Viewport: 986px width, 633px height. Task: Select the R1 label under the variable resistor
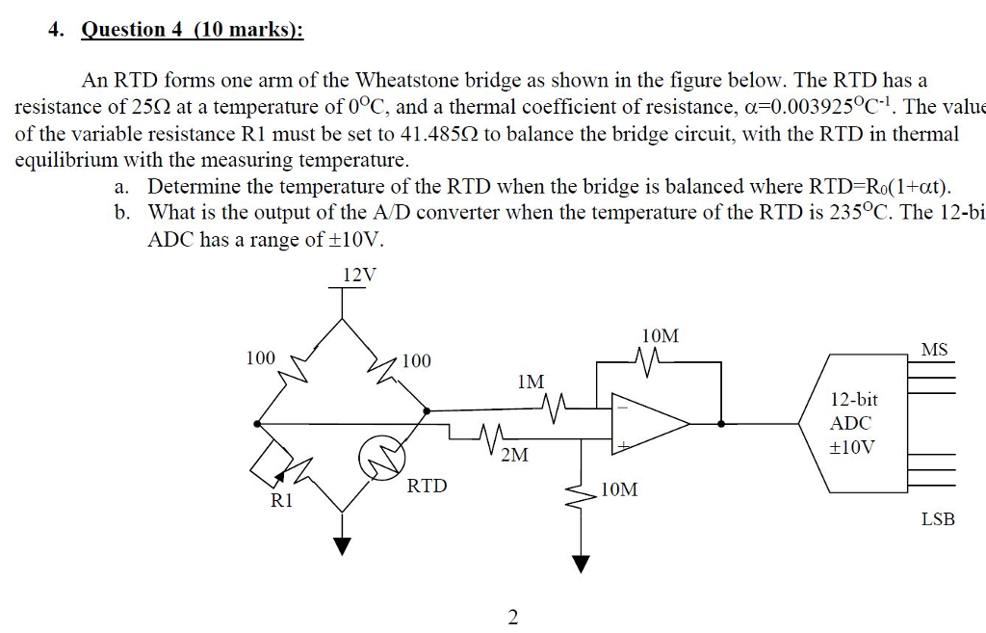pyautogui.click(x=280, y=500)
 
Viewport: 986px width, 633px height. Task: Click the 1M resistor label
pyautogui.click(x=530, y=382)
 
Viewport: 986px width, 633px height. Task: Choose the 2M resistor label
pyautogui.click(x=514, y=455)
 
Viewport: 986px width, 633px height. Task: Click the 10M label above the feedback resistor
pyautogui.click(x=660, y=336)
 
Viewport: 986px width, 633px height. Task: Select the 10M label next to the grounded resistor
pyautogui.click(x=618, y=489)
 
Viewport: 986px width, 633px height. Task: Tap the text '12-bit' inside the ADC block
pyautogui.click(x=853, y=399)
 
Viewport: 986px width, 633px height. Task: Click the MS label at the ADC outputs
pyautogui.click(x=934, y=350)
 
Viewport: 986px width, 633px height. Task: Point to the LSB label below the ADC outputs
pyautogui.click(x=938, y=519)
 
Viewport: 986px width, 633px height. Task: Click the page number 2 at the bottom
pyautogui.click(x=512, y=617)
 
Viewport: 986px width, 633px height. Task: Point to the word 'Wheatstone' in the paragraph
pyautogui.click(x=405, y=80)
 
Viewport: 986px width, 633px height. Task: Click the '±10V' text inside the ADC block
pyautogui.click(x=853, y=447)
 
